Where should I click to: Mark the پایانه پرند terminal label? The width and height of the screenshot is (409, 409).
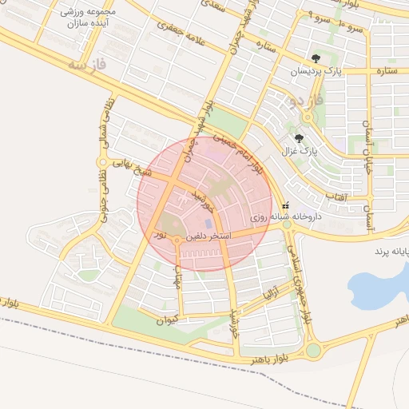(x=390, y=252)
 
